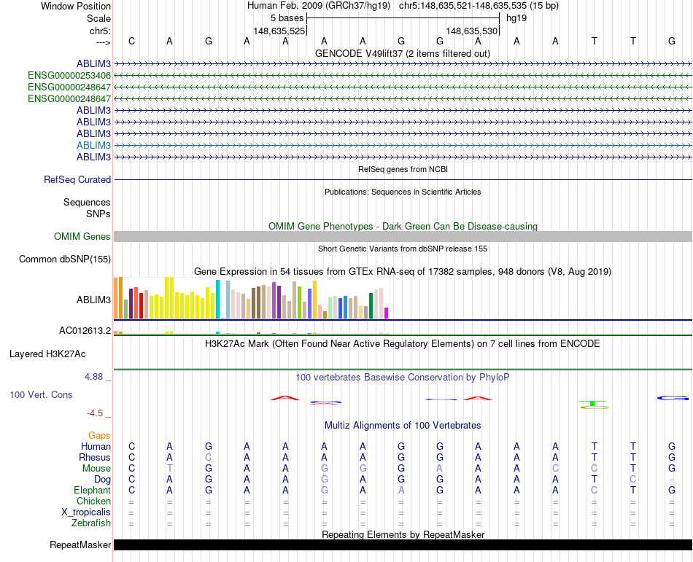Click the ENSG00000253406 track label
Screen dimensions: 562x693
coord(69,75)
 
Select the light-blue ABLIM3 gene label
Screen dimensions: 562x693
coord(93,145)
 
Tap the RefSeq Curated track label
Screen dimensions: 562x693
coord(77,179)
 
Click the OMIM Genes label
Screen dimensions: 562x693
coord(82,236)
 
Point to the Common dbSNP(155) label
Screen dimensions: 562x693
coord(65,259)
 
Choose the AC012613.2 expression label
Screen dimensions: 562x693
coord(85,330)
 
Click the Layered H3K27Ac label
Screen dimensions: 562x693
coord(47,354)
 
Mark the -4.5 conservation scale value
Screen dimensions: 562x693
coord(95,413)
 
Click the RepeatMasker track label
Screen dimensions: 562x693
coord(80,545)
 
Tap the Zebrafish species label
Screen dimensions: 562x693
coord(91,523)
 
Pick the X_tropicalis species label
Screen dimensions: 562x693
coord(86,512)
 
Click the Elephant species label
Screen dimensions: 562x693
coord(92,490)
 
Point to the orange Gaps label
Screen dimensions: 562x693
coord(99,435)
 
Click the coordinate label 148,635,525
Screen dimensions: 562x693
coord(279,31)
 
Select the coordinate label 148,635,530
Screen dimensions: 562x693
coord(471,31)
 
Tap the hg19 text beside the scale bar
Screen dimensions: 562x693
coord(516,17)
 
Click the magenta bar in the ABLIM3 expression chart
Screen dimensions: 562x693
coord(387,313)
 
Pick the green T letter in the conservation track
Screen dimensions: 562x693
coord(594,403)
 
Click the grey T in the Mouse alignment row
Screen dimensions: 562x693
coord(170,468)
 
